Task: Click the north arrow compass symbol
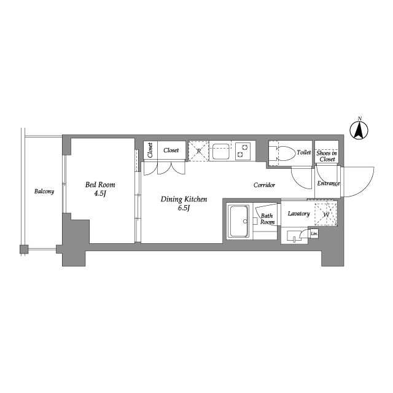point(359,130)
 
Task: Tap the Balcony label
point(44,192)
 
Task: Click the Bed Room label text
point(100,185)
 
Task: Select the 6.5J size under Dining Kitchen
point(184,208)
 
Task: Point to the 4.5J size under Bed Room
point(100,193)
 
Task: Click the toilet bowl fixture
point(285,153)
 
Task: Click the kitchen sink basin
point(220,152)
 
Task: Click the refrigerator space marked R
point(198,151)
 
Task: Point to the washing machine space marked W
point(326,214)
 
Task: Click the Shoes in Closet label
point(327,156)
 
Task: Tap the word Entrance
point(329,184)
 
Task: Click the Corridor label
point(264,185)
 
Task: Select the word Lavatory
point(299,214)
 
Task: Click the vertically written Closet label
point(150,150)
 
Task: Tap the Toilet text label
point(304,152)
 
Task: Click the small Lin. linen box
point(314,233)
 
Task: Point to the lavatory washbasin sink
point(294,236)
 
